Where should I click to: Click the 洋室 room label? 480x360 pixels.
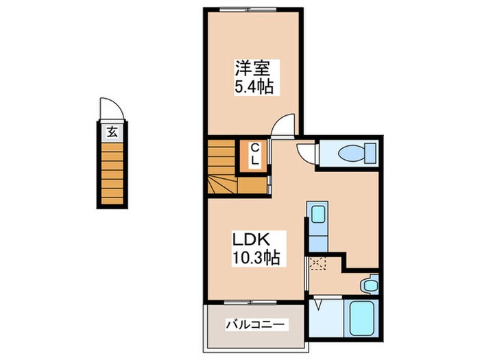tap(253, 69)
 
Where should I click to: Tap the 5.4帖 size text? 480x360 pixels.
tap(253, 87)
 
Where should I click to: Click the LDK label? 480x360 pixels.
tap(253, 241)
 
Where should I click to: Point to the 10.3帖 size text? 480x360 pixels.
tap(253, 259)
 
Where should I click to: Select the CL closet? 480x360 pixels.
tap(254, 156)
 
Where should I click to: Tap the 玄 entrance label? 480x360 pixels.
tap(112, 132)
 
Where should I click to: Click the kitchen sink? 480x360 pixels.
tap(317, 214)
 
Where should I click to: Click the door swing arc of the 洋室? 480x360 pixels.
tap(283, 125)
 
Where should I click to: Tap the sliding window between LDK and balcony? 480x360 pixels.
tap(253, 302)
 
